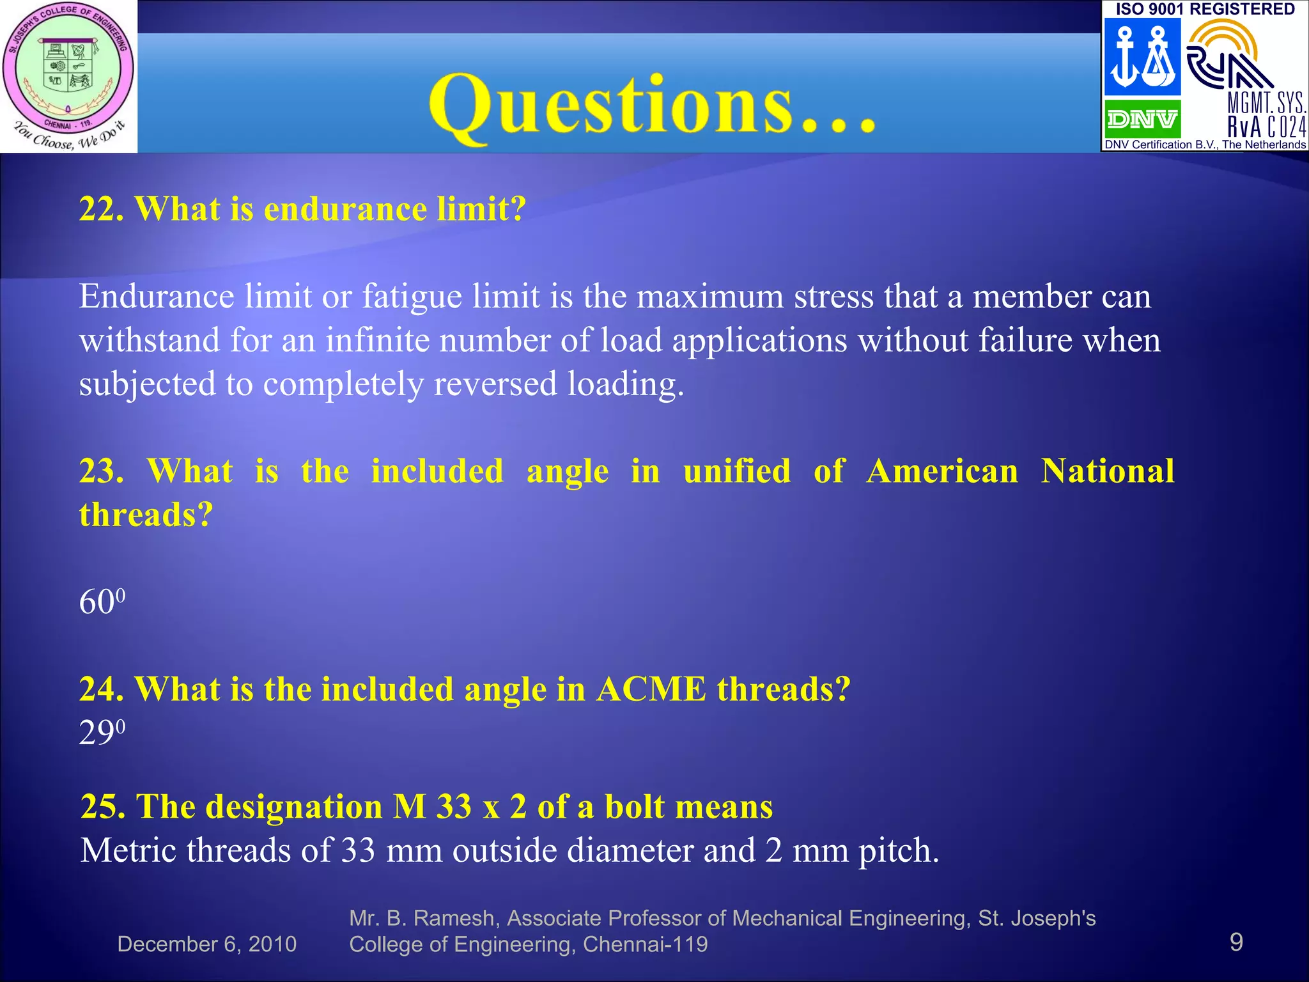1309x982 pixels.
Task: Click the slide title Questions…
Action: pos(652,105)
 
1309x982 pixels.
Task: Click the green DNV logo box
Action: pos(1142,119)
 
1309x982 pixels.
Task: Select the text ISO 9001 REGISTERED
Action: pos(1205,9)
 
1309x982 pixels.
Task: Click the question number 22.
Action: pos(101,209)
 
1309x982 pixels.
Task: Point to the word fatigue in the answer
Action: pos(412,297)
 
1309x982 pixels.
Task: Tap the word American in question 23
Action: pos(941,472)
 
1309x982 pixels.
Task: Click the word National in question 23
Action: pos(1107,472)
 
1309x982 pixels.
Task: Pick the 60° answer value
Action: pos(102,602)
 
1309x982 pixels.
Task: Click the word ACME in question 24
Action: pos(651,689)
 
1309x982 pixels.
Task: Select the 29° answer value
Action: pos(102,733)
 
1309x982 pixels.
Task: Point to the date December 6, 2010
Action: pos(207,944)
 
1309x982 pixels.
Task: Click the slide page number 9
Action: pos(1236,942)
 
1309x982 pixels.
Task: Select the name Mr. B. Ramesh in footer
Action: pos(422,918)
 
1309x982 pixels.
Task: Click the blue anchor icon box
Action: pos(1142,56)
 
